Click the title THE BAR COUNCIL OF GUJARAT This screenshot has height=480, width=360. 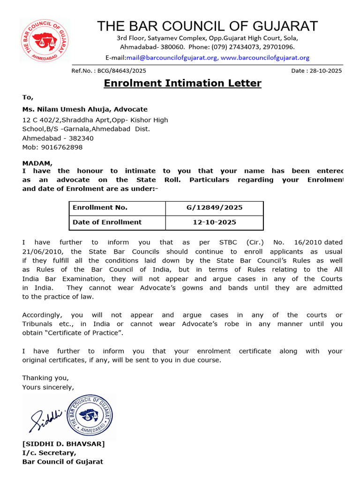pos(207,26)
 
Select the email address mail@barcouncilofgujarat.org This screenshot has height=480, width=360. pos(172,58)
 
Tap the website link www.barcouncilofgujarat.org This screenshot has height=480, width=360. pos(265,58)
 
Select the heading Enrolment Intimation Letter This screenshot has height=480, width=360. pos(182,83)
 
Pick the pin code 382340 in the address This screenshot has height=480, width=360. pos(81,138)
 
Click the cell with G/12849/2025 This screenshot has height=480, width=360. pos(214,208)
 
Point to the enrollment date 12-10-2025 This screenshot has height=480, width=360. pos(214,222)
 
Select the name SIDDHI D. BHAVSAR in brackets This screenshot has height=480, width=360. pos(64,444)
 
